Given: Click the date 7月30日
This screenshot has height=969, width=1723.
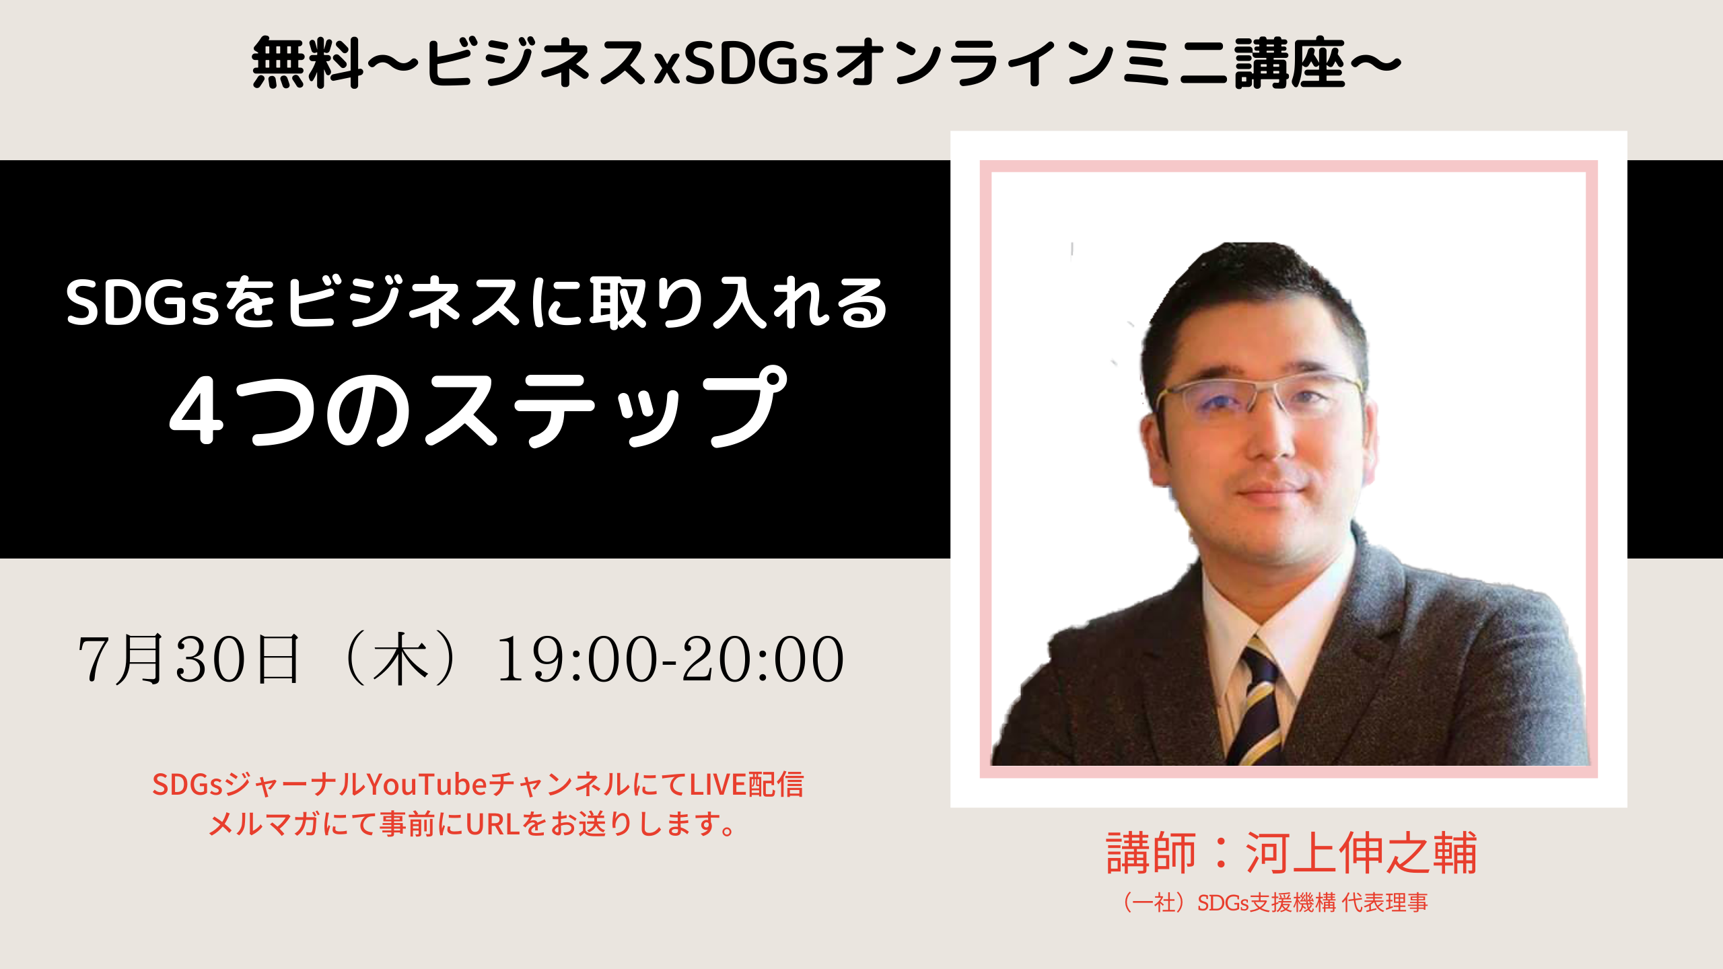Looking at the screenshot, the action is coord(189,659).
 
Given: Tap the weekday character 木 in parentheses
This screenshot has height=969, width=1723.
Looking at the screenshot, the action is coord(401,659).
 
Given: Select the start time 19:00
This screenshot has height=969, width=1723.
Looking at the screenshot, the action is coord(578,660).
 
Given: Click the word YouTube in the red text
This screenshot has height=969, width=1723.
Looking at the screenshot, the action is coord(425,784).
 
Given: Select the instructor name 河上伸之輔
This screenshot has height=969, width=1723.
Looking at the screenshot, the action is coord(1361,853).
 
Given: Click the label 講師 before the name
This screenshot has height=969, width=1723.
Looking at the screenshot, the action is coord(1152,853).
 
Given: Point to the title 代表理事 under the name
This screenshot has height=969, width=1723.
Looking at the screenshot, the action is coord(1384,902).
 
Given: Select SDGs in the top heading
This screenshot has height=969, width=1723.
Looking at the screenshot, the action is coord(756,65).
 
